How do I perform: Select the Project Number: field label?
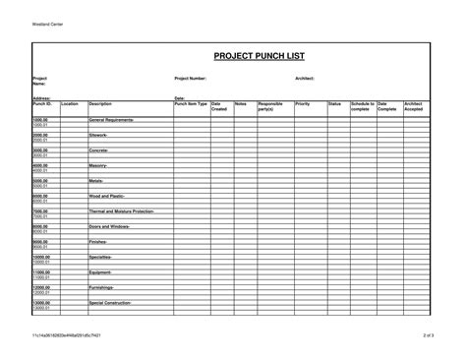(191, 78)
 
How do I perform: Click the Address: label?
(41, 98)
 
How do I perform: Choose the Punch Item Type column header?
(191, 103)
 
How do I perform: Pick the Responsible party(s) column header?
(270, 105)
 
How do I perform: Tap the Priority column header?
(302, 103)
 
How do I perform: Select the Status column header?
(334, 103)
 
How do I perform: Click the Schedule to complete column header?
(362, 105)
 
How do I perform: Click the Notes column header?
(241, 103)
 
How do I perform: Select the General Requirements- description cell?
(111, 119)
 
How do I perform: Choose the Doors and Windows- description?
(109, 226)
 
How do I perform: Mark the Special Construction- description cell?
(112, 303)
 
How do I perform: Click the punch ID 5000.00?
(40, 180)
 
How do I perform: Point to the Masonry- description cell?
(98, 165)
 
